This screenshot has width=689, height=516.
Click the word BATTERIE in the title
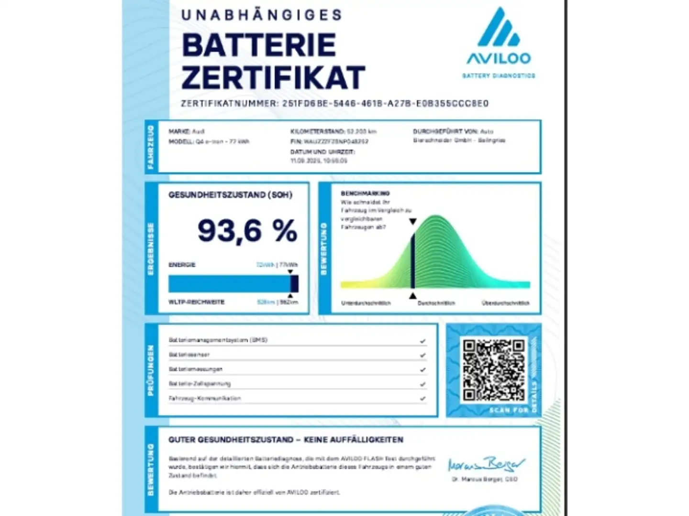coord(259,45)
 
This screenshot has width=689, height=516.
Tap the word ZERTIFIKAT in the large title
coord(273,78)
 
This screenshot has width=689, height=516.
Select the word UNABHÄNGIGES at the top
coord(262,15)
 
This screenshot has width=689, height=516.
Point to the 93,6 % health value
coord(247,231)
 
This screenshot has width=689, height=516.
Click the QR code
coord(493,369)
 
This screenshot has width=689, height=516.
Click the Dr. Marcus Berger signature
coord(486,464)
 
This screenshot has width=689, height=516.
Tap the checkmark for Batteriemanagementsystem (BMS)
coord(422,341)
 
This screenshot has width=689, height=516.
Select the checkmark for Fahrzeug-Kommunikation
coord(422,398)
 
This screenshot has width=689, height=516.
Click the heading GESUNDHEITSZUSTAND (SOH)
coord(230,195)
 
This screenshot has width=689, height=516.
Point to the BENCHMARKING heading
coord(365,193)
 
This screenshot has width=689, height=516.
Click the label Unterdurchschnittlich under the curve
coord(366,303)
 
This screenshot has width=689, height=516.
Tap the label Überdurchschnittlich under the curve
coord(505,303)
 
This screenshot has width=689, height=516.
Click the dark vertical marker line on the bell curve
coord(412,260)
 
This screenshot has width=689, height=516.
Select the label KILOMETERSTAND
coord(317,131)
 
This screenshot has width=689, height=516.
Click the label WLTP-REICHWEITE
coord(196,302)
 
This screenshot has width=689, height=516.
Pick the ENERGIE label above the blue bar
coord(182,265)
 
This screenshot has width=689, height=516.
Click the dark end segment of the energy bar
coord(294,284)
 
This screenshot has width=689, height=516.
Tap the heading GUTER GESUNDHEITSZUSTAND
coord(231,440)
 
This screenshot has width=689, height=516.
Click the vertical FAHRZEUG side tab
coord(151,147)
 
